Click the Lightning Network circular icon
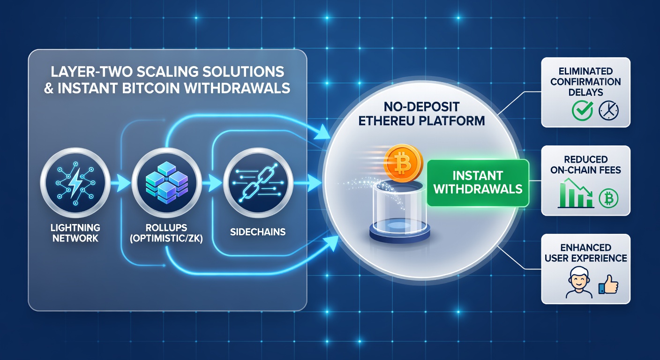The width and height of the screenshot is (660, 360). [x=75, y=183]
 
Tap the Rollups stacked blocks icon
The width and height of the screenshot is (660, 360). [x=167, y=183]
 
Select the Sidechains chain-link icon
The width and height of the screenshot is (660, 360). [x=258, y=183]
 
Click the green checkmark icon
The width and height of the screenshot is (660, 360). [x=582, y=110]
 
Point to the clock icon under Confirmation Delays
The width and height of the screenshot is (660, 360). [x=609, y=110]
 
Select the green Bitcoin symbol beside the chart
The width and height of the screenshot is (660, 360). [x=608, y=198]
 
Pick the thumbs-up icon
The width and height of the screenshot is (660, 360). [x=608, y=285]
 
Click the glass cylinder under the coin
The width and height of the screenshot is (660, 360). [x=399, y=212]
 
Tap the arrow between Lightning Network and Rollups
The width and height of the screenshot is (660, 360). [x=120, y=183]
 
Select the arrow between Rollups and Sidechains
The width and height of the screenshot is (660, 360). [x=212, y=183]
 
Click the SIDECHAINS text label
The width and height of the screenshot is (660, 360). [x=258, y=232]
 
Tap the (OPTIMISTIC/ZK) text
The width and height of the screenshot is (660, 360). [x=166, y=238]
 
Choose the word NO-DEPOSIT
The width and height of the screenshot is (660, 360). [x=421, y=107]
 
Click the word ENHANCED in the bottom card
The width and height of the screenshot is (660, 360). [x=586, y=247]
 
